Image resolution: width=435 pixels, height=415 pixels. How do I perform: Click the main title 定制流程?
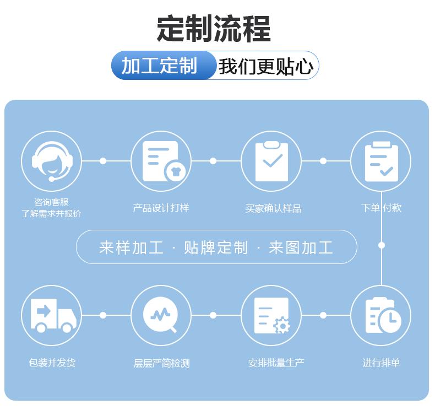pyautogui.click(x=214, y=29)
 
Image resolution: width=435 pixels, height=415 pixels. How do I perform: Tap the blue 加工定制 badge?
pyautogui.click(x=160, y=66)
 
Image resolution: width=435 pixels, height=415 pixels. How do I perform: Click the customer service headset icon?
pyautogui.click(x=51, y=161)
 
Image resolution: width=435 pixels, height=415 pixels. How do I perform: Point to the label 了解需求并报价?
pyautogui.click(x=51, y=213)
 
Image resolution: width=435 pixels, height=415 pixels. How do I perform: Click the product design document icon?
pyautogui.click(x=161, y=161)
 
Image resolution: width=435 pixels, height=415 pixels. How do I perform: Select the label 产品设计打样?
pyautogui.click(x=161, y=208)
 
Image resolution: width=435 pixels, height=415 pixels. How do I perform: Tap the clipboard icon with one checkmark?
pyautogui.click(x=271, y=161)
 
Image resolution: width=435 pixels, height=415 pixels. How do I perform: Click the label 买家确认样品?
pyautogui.click(x=273, y=208)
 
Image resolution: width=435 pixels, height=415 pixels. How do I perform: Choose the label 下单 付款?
pyautogui.click(x=381, y=208)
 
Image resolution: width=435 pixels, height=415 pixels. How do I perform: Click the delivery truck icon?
pyautogui.click(x=51, y=315)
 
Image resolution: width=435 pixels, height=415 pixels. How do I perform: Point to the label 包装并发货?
pyautogui.click(x=52, y=363)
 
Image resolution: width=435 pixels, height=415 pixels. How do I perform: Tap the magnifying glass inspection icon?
pyautogui.click(x=161, y=315)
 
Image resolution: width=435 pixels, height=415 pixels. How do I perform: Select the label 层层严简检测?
pyautogui.click(x=161, y=363)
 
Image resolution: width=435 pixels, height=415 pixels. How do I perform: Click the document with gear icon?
pyautogui.click(x=271, y=315)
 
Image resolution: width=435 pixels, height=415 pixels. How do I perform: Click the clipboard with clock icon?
pyautogui.click(x=381, y=315)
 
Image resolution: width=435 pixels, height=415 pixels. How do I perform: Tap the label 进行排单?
pyautogui.click(x=381, y=363)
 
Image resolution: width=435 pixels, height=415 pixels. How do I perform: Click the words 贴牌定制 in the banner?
pyautogui.click(x=216, y=247)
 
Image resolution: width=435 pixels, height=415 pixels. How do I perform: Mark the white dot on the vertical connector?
pyautogui.click(x=381, y=245)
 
